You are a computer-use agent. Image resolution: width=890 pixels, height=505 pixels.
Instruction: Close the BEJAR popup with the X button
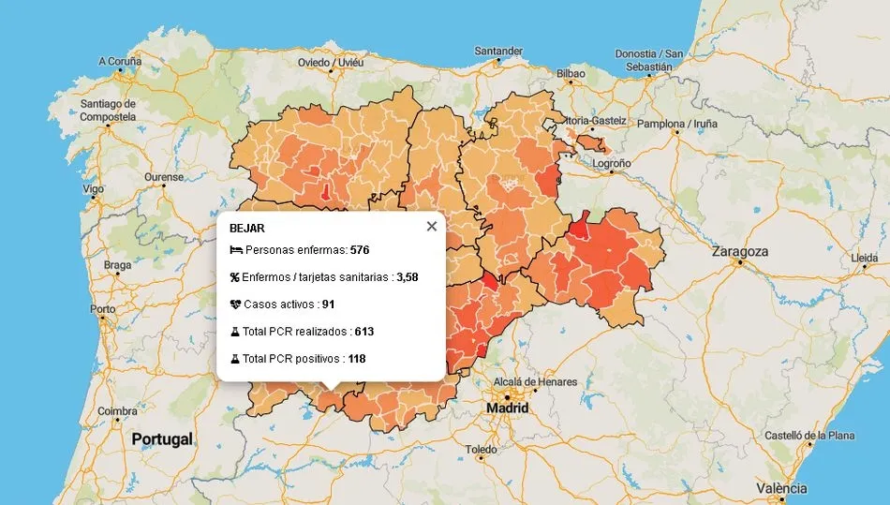click(431, 226)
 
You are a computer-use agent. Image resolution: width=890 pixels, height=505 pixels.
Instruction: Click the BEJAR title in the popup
click(246, 228)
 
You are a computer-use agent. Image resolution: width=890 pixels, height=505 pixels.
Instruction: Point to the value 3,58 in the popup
click(407, 277)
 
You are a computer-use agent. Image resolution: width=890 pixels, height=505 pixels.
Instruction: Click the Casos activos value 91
click(328, 304)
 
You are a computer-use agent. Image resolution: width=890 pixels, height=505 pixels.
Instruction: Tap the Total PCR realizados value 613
click(363, 332)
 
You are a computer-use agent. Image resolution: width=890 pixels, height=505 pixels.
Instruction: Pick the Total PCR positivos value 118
click(357, 359)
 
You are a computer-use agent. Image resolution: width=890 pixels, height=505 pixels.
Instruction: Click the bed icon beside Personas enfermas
click(235, 251)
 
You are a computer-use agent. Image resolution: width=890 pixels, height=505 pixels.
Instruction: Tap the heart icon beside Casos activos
click(235, 304)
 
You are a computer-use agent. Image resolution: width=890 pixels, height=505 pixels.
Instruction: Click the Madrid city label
click(507, 408)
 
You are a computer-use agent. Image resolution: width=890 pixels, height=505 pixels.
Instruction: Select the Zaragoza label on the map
click(740, 252)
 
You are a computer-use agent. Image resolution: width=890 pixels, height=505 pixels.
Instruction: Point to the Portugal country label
click(162, 439)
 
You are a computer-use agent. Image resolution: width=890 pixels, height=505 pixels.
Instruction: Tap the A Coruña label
click(120, 62)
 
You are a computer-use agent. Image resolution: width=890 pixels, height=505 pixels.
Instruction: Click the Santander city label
click(498, 51)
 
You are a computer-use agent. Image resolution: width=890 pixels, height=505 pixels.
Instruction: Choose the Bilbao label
click(571, 73)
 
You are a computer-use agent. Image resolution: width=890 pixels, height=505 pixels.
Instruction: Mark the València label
click(781, 488)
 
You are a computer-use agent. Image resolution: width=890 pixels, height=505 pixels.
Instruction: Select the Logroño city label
click(613, 163)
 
